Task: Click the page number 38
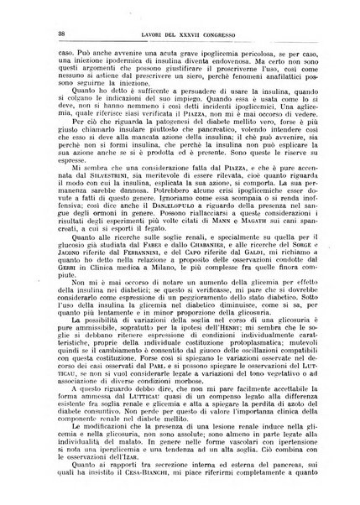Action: [37, 33]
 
